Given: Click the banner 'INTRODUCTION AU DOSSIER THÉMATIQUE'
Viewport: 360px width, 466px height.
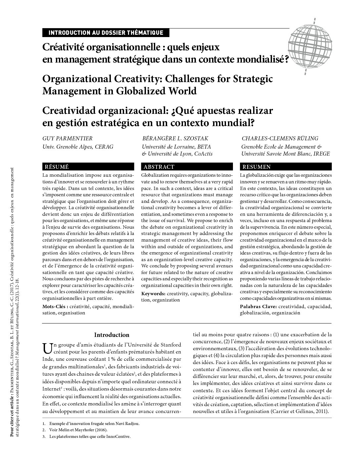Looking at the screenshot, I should pos(106,32).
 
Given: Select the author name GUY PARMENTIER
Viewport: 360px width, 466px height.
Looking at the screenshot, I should pos(67,138).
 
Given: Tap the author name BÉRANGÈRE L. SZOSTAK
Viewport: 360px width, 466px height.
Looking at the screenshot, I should pos(175,138).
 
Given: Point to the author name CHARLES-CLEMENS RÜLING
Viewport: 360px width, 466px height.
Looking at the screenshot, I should pos(280,138).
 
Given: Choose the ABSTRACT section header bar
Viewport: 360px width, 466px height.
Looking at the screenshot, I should pos(187,167).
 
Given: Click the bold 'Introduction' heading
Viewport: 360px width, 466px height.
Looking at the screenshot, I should pos(112,335).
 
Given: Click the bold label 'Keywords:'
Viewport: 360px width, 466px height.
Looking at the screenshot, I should pos(154,294).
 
